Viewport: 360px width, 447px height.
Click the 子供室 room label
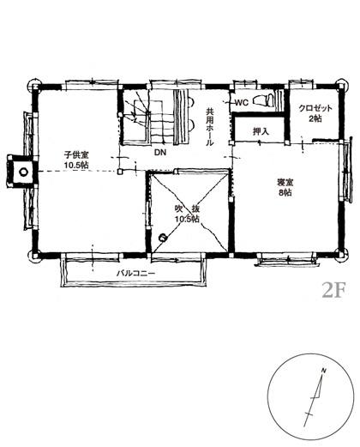[76, 155]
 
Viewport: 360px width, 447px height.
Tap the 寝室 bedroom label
[285, 183]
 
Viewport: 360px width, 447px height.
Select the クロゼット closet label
[315, 108]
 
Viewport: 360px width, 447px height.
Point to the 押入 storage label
[261, 131]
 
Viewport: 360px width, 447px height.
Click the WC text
[242, 102]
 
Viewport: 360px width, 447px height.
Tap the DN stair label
[160, 153]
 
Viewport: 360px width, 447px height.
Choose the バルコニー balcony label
[135, 273]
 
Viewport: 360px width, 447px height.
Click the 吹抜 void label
[187, 209]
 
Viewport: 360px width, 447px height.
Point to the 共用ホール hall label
[210, 127]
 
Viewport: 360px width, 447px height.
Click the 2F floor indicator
[333, 290]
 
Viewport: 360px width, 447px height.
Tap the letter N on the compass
[324, 371]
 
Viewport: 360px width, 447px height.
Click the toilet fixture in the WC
[263, 100]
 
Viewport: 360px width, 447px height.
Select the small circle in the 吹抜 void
[163, 237]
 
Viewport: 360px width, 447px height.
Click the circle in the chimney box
[23, 172]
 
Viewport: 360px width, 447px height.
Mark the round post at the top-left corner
[33, 85]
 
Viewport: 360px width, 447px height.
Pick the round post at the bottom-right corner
[342, 254]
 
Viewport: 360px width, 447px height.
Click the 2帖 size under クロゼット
[315, 118]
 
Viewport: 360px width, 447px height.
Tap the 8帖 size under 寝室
[285, 192]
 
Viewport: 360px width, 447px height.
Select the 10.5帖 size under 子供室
[76, 165]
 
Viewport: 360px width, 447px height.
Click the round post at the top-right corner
[343, 85]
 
